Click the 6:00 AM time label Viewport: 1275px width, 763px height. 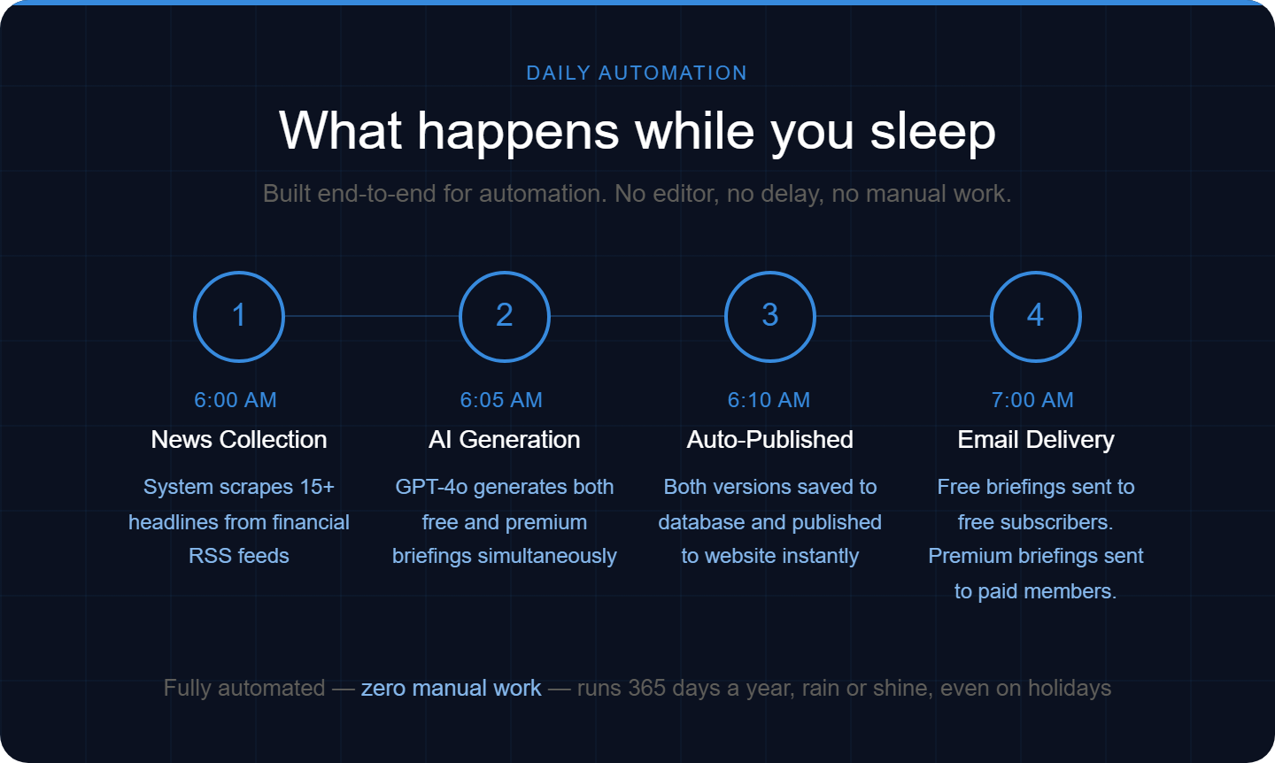tap(236, 400)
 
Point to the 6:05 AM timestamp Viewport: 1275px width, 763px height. tap(501, 400)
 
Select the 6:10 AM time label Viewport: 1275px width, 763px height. tap(769, 400)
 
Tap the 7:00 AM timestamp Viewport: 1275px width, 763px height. tap(1032, 400)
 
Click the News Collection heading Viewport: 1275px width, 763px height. tap(239, 439)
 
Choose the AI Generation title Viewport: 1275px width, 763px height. tap(505, 439)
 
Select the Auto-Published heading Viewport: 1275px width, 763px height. tap(770, 439)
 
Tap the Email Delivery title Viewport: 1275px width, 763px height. tap(1036, 440)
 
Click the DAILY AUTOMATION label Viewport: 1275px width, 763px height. tap(637, 73)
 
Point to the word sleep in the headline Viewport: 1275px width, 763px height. tap(933, 132)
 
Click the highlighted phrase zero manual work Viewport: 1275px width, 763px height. tap(452, 688)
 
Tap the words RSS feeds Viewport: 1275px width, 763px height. tap(239, 556)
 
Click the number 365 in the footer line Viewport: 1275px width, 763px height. tap(647, 688)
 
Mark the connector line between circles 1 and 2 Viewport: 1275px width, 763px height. tap(372, 316)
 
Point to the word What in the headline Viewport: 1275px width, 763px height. tap(340, 131)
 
